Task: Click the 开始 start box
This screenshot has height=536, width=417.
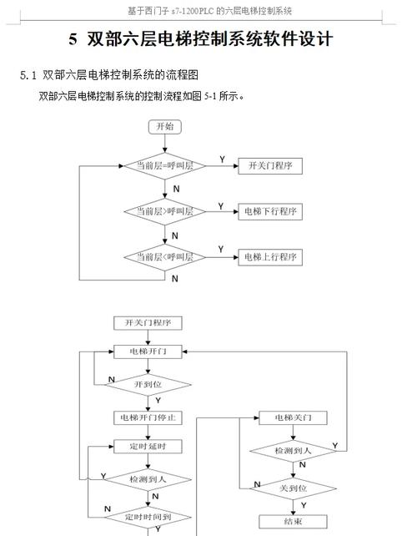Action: [x=164, y=127]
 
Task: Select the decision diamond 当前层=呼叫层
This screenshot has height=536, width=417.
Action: [x=164, y=166]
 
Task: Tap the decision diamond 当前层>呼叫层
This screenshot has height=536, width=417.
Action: [x=164, y=212]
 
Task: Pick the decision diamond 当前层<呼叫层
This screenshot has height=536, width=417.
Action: [x=164, y=257]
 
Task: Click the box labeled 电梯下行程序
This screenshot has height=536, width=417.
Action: [x=270, y=212]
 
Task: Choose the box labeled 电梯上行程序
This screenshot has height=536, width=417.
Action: [x=270, y=257]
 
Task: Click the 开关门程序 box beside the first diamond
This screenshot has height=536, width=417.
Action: [x=270, y=166]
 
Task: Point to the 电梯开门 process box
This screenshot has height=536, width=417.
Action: [x=148, y=351]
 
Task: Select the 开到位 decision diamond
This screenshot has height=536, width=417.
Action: [x=148, y=384]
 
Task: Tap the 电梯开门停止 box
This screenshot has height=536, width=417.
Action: [x=148, y=417]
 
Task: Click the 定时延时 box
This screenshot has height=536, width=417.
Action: [x=148, y=447]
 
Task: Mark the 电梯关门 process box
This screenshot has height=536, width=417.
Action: [x=294, y=417]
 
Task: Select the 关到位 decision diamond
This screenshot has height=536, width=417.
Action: [x=294, y=488]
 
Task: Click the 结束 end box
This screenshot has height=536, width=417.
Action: [x=294, y=521]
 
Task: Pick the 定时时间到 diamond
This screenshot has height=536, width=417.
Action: [x=148, y=518]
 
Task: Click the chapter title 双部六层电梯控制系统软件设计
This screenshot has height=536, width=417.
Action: [x=200, y=39]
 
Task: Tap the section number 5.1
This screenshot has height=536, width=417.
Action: [x=29, y=75]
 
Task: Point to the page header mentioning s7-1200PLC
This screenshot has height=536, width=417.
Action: [x=208, y=10]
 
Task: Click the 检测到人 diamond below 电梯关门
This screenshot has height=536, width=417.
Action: [x=294, y=451]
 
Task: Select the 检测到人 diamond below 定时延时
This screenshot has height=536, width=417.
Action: [x=148, y=479]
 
